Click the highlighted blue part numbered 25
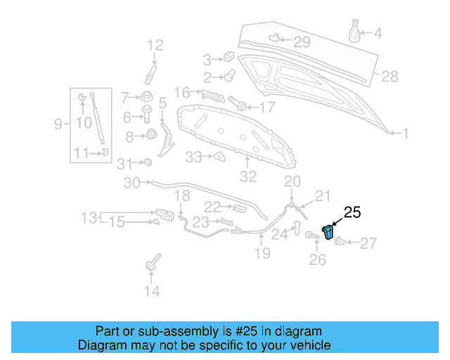click(x=329, y=232)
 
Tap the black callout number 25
click(x=352, y=212)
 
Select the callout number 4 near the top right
click(x=378, y=33)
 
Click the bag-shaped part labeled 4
click(x=355, y=32)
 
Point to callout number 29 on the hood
click(x=301, y=42)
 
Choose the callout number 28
click(x=390, y=76)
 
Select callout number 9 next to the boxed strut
click(x=58, y=124)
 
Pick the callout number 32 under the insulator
click(x=249, y=176)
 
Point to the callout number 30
click(x=132, y=184)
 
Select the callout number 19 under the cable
click(x=262, y=253)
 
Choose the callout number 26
click(x=318, y=259)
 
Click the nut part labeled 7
click(x=147, y=96)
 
